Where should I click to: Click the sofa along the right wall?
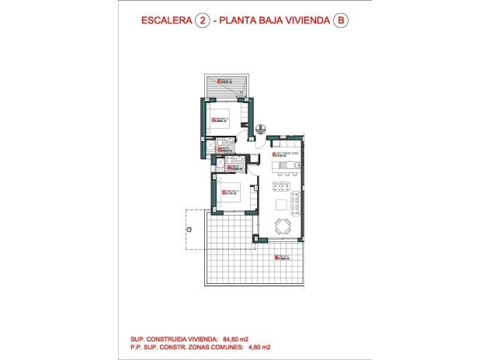(x=298, y=202)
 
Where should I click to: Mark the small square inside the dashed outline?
(x=189, y=230)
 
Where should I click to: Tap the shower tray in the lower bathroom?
(x=221, y=164)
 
